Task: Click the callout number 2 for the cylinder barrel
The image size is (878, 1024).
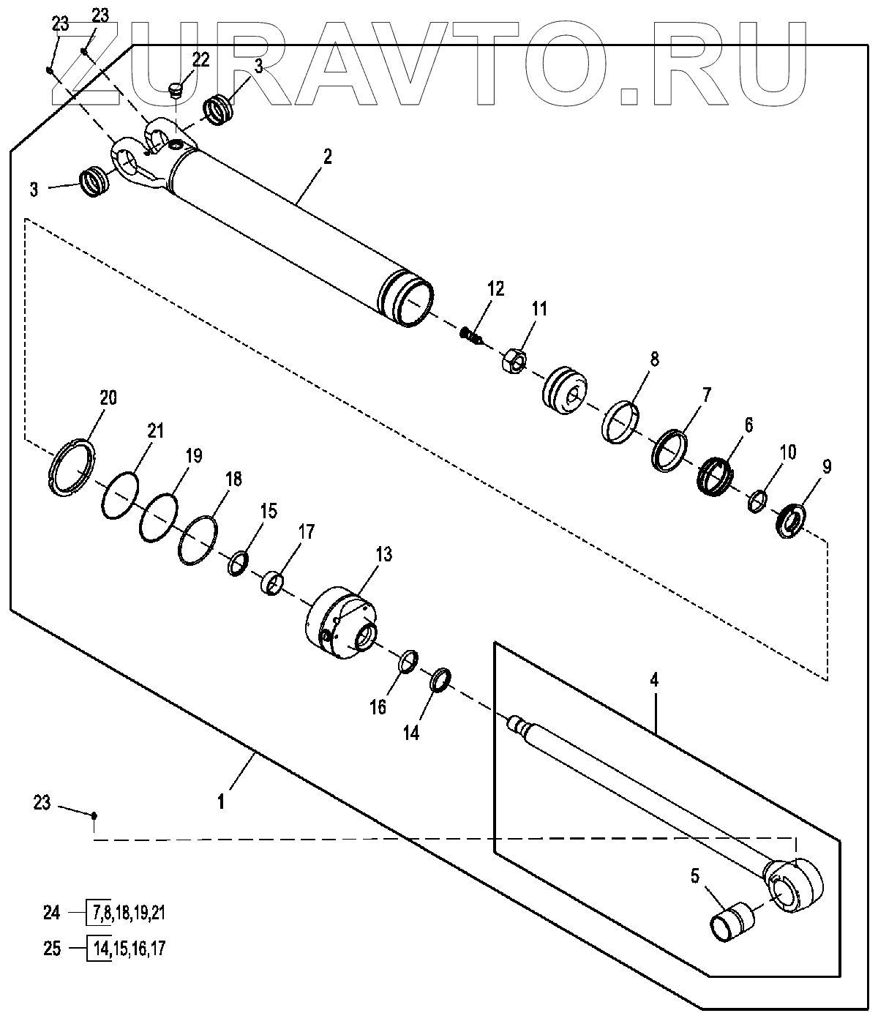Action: click(x=327, y=157)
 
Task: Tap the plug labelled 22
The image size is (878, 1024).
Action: click(x=175, y=91)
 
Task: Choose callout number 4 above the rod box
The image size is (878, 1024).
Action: click(x=654, y=680)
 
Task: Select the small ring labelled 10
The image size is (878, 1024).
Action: click(x=757, y=502)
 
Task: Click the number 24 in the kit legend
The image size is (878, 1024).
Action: click(x=51, y=913)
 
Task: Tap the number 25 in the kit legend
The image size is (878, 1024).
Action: click(x=51, y=949)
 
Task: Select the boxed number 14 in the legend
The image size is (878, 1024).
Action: click(x=98, y=949)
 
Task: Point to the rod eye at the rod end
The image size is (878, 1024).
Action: click(x=792, y=885)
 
